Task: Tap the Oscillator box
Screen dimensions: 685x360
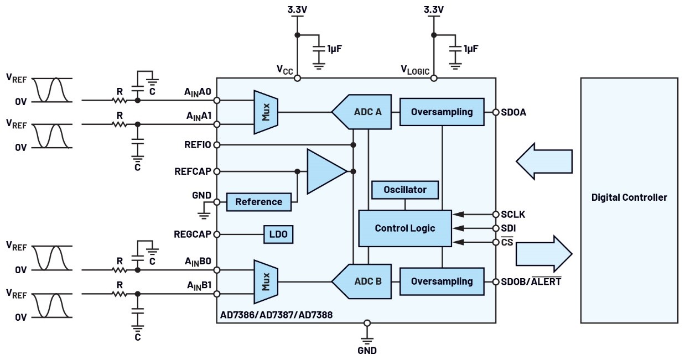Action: pyautogui.click(x=405, y=190)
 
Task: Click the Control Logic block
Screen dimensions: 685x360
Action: pyautogui.click(x=405, y=228)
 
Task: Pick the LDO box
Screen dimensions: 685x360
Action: pyautogui.click(x=278, y=234)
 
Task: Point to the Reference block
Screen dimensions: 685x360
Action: pyautogui.click(x=259, y=202)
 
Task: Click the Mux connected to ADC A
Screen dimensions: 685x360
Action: pyautogui.click(x=266, y=112)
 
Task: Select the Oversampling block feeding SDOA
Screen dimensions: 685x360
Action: pyautogui.click(x=442, y=112)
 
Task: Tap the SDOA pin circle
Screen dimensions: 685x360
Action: pyautogui.click(x=496, y=112)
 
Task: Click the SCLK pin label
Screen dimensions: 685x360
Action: pyautogui.click(x=513, y=215)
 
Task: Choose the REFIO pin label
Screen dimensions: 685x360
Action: pyautogui.click(x=198, y=144)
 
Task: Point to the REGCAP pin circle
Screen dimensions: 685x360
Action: pyautogui.click(x=217, y=234)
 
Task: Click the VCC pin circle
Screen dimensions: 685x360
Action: pyautogui.click(x=297, y=79)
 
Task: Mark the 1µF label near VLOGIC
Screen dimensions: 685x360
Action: pyautogui.click(x=471, y=49)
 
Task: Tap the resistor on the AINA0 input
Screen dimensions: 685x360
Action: pyautogui.click(x=120, y=100)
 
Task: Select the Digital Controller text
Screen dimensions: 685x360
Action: pyautogui.click(x=629, y=197)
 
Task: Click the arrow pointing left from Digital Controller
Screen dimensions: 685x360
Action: pyautogui.click(x=544, y=161)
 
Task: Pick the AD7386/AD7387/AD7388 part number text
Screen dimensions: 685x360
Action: pyautogui.click(x=276, y=315)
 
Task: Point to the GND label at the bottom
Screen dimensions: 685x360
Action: pyautogui.click(x=367, y=351)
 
